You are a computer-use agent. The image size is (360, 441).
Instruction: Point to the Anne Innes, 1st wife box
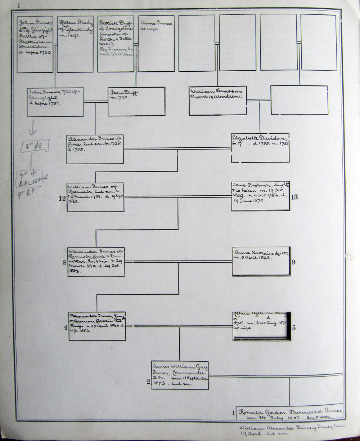pos(156,43)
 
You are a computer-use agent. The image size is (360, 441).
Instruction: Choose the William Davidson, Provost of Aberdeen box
pos(218,101)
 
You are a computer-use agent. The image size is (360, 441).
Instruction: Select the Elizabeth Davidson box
pos(260,148)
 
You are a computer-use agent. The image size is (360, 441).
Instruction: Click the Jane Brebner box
pos(261,196)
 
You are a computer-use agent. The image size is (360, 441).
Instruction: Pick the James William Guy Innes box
pos(180,375)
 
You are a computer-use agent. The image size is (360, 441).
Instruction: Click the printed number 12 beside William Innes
pos(64,197)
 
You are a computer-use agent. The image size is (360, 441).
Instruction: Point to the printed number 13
pos(294,197)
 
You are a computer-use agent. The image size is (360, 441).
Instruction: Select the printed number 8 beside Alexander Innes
pos(64,262)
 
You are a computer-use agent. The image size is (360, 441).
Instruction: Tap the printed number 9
pos(293,262)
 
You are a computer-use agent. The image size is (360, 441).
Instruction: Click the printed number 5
pos(294,328)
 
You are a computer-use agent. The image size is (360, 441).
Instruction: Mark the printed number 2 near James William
pos(148,382)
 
